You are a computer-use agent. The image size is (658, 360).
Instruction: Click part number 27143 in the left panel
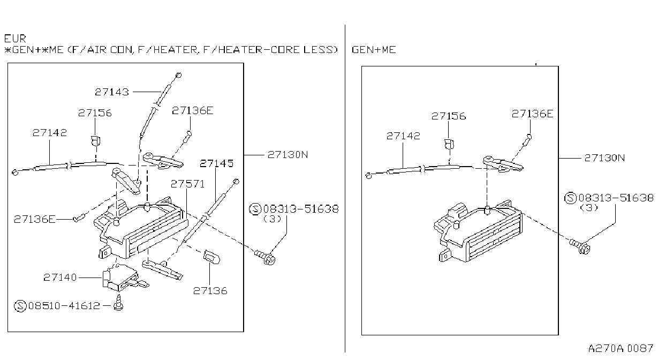(x=112, y=92)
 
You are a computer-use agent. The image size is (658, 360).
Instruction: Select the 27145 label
(x=216, y=163)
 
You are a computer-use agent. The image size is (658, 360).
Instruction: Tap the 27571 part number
(x=188, y=184)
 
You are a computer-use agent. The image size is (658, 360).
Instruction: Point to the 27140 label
(x=60, y=277)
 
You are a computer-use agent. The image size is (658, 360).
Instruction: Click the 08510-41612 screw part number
(x=64, y=306)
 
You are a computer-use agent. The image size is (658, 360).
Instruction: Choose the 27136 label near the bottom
(x=210, y=291)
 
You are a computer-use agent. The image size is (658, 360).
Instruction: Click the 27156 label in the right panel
(x=449, y=116)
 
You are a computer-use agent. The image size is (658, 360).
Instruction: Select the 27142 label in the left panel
(x=50, y=132)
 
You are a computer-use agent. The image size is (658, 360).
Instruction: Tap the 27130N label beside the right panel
(x=604, y=158)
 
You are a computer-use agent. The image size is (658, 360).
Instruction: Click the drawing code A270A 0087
(x=621, y=348)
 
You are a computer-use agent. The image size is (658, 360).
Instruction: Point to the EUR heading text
(x=16, y=39)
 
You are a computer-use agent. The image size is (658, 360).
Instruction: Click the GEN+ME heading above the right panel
(x=374, y=50)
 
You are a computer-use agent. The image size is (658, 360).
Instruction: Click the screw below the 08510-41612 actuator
(x=119, y=303)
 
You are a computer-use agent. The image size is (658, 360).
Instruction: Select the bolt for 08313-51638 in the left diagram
(x=265, y=257)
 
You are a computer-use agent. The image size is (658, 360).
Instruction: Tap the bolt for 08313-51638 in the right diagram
(x=580, y=246)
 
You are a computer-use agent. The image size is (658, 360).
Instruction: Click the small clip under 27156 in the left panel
(x=95, y=141)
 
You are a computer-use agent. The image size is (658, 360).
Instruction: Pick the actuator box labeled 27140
(x=123, y=278)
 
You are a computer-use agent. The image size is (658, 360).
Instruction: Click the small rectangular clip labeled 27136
(x=211, y=257)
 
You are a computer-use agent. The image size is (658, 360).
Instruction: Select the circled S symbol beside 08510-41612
(x=20, y=306)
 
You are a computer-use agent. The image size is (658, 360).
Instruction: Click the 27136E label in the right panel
(x=532, y=114)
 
